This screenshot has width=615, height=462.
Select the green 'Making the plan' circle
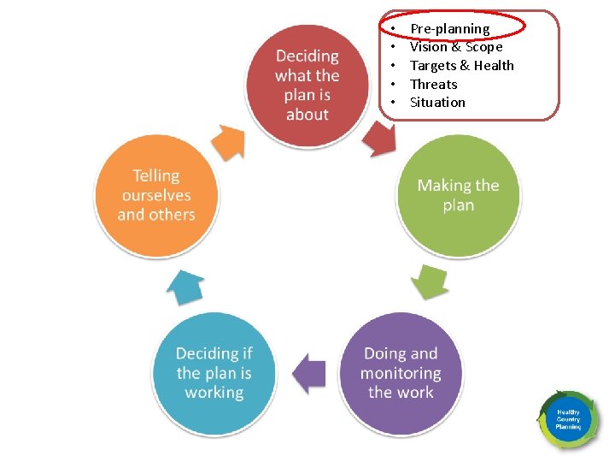(458, 195)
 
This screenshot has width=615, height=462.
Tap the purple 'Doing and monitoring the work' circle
(401, 373)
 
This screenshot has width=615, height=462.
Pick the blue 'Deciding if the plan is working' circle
(214, 373)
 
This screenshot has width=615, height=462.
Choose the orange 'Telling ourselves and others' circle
(156, 195)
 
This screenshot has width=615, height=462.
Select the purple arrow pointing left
(308, 373)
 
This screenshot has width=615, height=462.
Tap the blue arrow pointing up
(184, 287)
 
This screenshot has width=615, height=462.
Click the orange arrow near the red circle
(228, 140)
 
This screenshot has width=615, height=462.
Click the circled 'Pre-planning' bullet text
(449, 29)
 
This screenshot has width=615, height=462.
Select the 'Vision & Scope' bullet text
(456, 47)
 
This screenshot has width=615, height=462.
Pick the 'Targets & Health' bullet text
(462, 66)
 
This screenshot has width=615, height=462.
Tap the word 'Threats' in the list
(434, 84)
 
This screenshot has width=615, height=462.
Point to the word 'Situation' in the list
(437, 103)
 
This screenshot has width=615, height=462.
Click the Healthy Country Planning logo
(568, 420)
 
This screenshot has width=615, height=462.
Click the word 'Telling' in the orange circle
(156, 175)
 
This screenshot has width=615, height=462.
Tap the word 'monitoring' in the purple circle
(401, 373)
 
